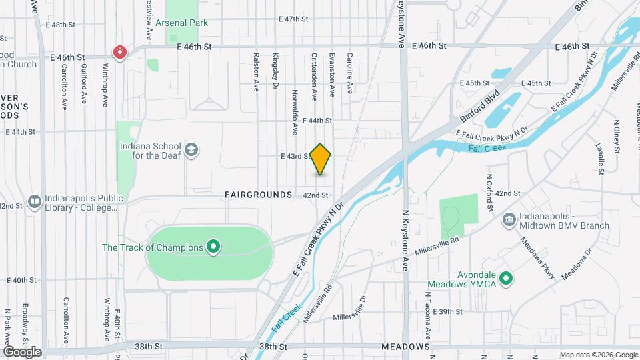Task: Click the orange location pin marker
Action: tap(321, 159)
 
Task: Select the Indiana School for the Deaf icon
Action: tap(192, 149)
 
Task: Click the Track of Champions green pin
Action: tap(213, 247)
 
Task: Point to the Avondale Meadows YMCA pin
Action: tap(506, 278)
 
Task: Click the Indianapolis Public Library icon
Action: tap(34, 201)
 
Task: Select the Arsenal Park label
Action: tap(181, 23)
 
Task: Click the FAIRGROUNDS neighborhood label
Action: tap(259, 195)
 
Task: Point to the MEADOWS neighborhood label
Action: tap(405, 347)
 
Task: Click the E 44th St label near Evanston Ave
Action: tap(317, 121)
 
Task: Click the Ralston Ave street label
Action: tap(256, 72)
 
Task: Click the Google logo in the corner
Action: tap(21, 352)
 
